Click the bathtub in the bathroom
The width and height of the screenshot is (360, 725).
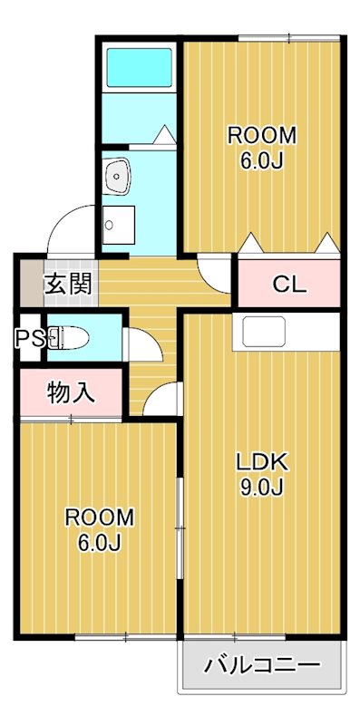[x=139, y=66]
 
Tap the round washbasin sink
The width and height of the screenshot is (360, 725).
[x=117, y=176]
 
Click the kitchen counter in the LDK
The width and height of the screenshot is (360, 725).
[x=262, y=332]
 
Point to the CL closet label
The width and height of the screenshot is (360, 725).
[x=289, y=284]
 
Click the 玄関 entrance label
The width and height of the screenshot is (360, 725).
[x=68, y=284]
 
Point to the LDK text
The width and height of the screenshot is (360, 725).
[x=262, y=461]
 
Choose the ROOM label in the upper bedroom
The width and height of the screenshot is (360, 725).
[x=261, y=136]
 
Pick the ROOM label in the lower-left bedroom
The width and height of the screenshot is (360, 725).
[x=99, y=517]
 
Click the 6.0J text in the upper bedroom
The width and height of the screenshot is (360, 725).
[x=261, y=161]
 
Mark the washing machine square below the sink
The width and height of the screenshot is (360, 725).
[x=118, y=221]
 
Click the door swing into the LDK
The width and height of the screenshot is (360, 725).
[x=162, y=400]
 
